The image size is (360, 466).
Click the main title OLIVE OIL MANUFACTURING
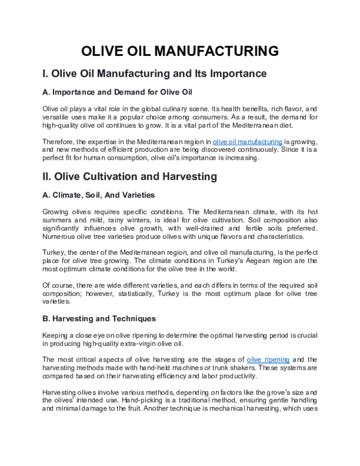180,51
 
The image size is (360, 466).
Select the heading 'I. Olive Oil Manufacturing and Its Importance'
154,74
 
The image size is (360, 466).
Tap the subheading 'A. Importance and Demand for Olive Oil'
116,94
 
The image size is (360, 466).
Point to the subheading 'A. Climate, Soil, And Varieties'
99,195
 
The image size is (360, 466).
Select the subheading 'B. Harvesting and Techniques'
100,318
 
